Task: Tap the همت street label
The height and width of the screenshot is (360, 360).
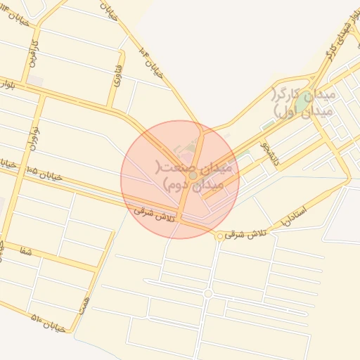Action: (x=86, y=304)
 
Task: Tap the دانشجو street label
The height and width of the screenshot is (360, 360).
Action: (x=269, y=153)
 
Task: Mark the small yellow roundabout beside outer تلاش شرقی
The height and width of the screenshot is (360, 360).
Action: (x=221, y=236)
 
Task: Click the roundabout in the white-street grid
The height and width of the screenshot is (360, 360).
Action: (x=207, y=293)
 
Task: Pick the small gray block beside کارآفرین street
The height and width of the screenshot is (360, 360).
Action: (x=34, y=81)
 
